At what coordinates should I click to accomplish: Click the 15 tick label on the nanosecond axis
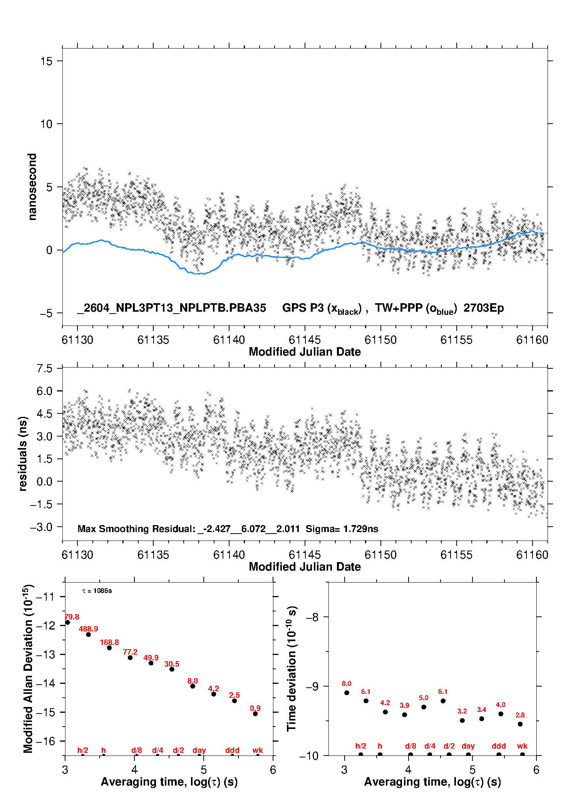46,61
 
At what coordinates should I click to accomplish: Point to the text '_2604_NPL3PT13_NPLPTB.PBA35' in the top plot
171,308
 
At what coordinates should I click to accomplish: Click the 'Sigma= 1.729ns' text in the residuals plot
342,529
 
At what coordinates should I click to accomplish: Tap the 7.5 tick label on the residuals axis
44,368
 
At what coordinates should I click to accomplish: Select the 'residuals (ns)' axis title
23,453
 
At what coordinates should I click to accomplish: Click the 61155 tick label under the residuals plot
456,555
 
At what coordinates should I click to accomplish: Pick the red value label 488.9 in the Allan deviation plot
89,629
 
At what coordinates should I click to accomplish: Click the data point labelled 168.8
109,648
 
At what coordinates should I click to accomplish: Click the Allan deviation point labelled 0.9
255,714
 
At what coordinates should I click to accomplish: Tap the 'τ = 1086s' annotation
97,591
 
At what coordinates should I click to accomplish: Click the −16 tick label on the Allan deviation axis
45,741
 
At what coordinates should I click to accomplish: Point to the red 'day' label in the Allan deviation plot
199,750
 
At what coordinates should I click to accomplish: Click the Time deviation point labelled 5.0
424,707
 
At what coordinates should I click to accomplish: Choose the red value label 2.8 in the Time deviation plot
520,715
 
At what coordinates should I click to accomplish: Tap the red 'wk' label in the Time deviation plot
522,746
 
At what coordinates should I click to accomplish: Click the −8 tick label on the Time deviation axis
312,617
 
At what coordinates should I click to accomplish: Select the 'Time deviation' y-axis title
292,668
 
